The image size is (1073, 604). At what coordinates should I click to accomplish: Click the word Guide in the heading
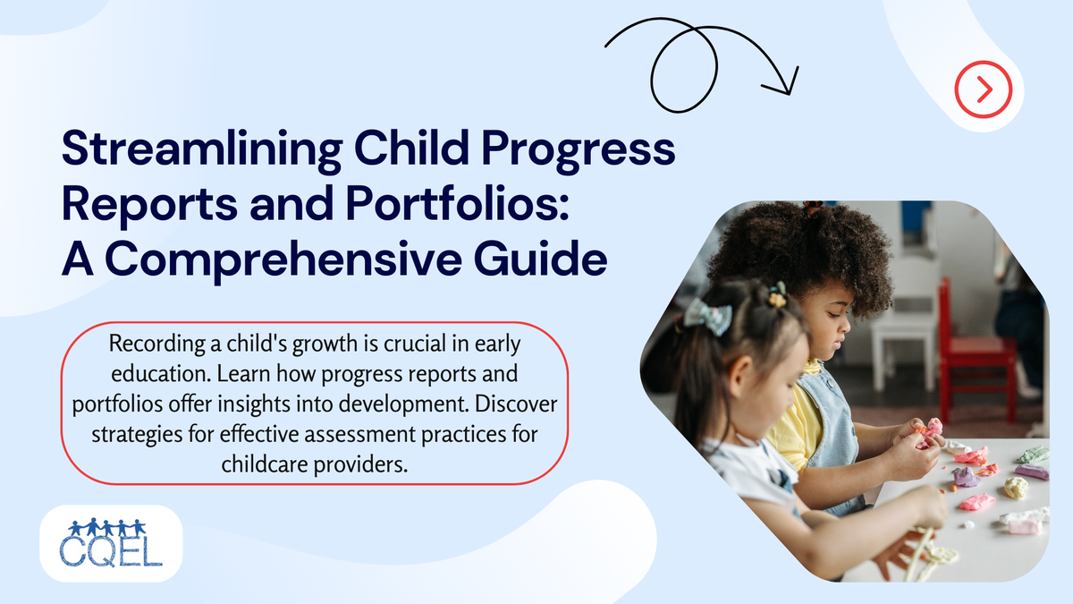pyautogui.click(x=548, y=261)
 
